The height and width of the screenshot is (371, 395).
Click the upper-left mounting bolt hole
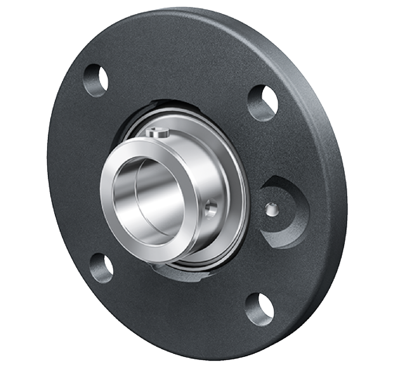(x=96, y=80)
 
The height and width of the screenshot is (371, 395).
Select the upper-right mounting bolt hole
(x=263, y=102)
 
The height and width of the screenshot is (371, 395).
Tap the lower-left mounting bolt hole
(x=101, y=268)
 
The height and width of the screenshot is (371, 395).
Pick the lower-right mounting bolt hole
(x=260, y=309)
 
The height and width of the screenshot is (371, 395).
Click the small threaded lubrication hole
(x=272, y=209)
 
